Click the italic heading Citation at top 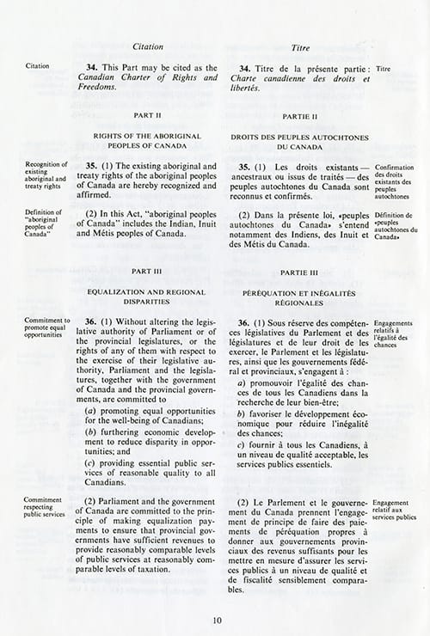(151, 45)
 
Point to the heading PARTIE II (300, 114)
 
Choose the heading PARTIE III (300, 271)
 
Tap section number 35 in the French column (246, 166)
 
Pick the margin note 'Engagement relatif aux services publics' (395, 507)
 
